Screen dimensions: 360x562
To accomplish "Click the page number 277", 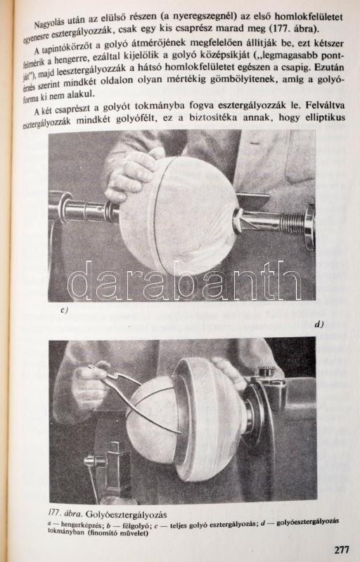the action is (341, 549).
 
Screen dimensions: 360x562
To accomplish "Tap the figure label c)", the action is (64, 311).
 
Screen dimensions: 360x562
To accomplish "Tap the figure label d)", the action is (319, 325).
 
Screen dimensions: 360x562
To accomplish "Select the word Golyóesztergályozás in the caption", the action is (126, 515).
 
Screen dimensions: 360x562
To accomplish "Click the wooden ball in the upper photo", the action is (179, 214).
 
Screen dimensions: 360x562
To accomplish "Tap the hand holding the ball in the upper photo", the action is (133, 176).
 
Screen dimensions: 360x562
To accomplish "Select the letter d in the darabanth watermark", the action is (80, 280).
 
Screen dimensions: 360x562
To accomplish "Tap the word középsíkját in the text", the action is (221, 55).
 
